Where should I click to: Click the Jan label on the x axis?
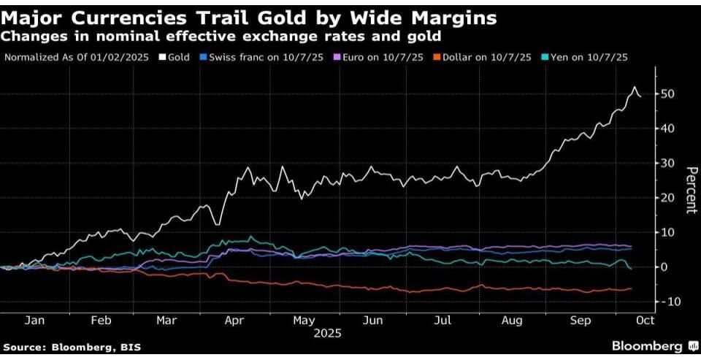[x=36, y=320]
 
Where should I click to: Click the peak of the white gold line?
[x=633, y=87]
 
